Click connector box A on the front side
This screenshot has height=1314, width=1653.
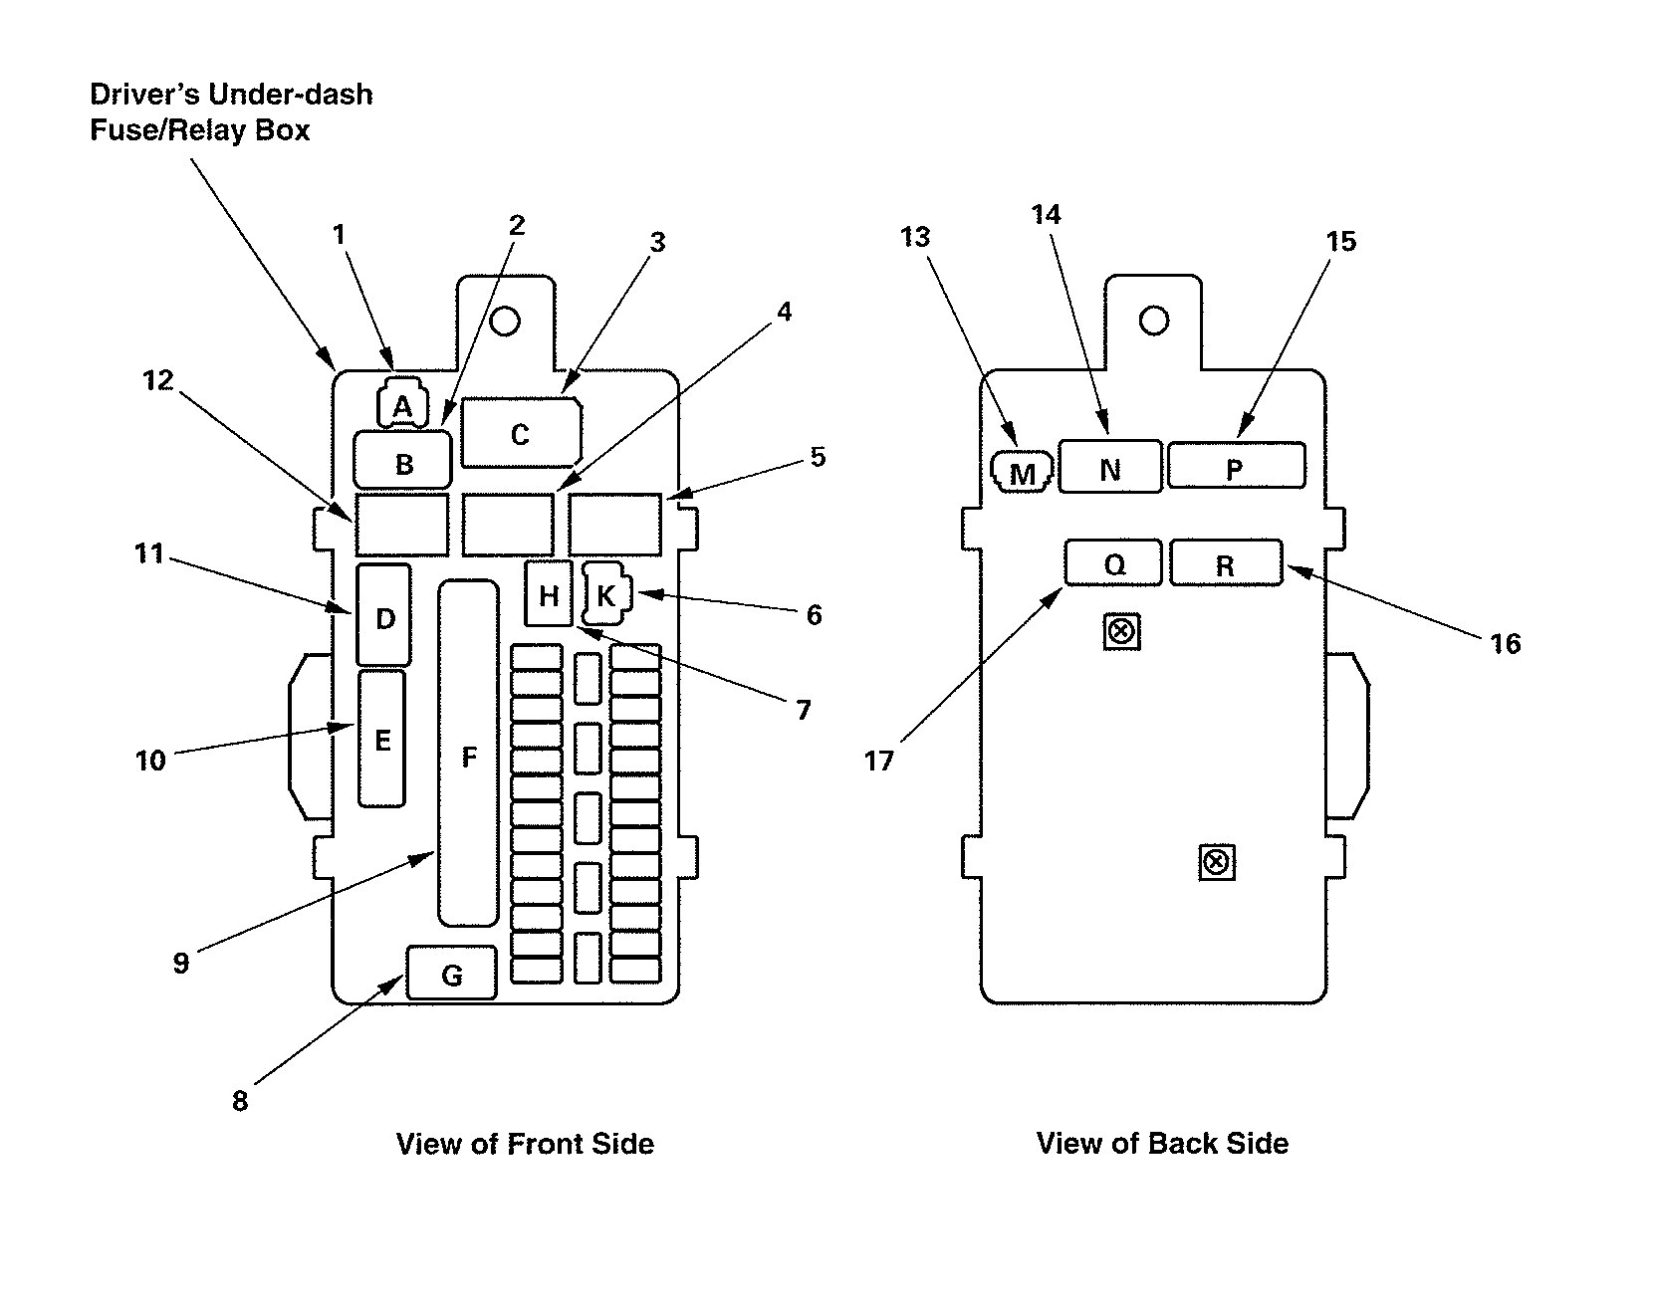402,405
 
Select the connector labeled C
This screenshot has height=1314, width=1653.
520,433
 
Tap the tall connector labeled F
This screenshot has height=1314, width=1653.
468,755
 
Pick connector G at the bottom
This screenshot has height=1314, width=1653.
451,974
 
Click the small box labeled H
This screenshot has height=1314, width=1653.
549,594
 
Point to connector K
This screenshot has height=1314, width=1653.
606,594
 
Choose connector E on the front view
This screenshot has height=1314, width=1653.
382,739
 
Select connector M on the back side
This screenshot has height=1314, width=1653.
1023,473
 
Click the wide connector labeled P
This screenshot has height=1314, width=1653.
1236,467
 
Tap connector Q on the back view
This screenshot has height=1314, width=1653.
1113,563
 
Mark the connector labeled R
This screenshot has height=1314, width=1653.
1226,563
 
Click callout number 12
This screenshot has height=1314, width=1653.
158,379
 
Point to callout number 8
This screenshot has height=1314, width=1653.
240,1100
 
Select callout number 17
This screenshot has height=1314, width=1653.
879,761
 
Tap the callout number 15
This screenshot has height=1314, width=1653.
1341,241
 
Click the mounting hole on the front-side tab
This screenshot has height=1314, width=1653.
505,321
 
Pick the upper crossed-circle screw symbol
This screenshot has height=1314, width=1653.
1122,631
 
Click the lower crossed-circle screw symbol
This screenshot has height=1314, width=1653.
1216,862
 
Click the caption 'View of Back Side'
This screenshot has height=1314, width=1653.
1162,1143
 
